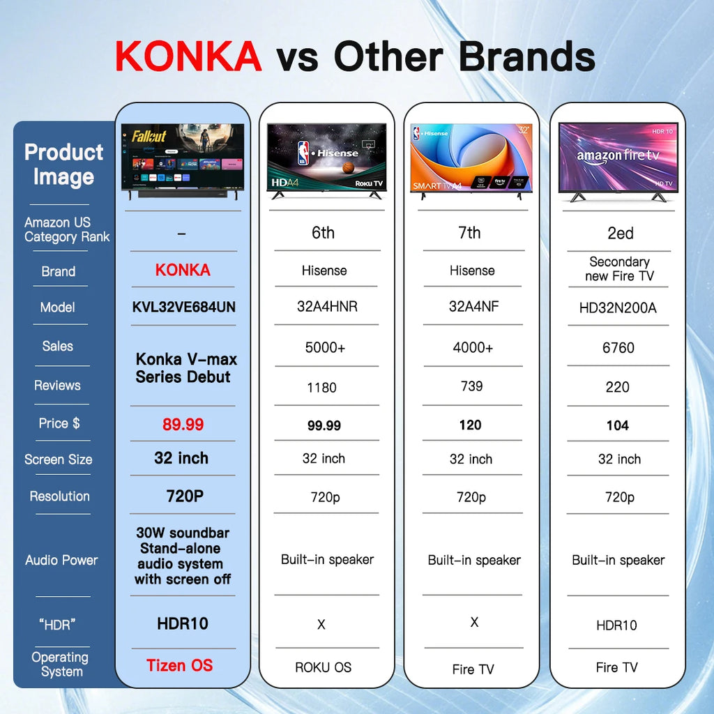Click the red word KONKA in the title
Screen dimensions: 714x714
pos(188,57)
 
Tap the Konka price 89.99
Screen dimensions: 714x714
pos(183,425)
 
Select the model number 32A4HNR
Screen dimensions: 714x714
pos(324,307)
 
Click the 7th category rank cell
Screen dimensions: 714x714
pos(469,233)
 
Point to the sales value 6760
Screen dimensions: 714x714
pos(618,348)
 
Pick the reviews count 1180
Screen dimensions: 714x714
pos(321,388)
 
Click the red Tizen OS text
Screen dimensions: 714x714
pos(180,666)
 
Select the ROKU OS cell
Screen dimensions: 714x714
pos(323,667)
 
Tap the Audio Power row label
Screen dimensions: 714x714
pos(61,560)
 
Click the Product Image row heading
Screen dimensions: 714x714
pos(63,165)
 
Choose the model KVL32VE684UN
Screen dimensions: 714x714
pos(183,307)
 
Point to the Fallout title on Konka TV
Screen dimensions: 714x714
pos(149,136)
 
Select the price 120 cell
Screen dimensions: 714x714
pos(470,425)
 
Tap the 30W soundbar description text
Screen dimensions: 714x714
pos(183,556)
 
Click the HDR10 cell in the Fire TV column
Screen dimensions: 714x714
pos(616,625)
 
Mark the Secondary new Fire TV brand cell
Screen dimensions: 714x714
pos(618,269)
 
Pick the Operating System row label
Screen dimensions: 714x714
pos(60,664)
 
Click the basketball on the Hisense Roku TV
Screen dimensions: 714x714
pos(348,168)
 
